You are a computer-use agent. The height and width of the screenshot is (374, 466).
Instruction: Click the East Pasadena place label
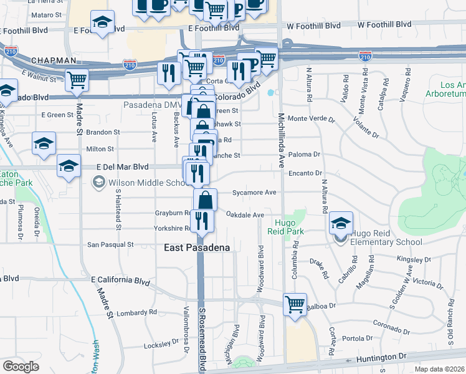[197, 247]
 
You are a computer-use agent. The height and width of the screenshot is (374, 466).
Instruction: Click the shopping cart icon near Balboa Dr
[295, 305]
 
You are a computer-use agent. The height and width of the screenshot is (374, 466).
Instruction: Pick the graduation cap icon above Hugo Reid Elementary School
[341, 223]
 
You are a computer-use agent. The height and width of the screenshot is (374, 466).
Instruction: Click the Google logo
[20, 367]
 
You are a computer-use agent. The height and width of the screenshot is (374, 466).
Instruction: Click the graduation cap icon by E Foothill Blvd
[102, 22]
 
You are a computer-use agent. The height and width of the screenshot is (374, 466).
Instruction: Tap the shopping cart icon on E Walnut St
[77, 79]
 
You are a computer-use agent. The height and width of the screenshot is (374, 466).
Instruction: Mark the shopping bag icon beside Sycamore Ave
[205, 200]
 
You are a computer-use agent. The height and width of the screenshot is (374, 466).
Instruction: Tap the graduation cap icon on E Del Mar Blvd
[69, 166]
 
